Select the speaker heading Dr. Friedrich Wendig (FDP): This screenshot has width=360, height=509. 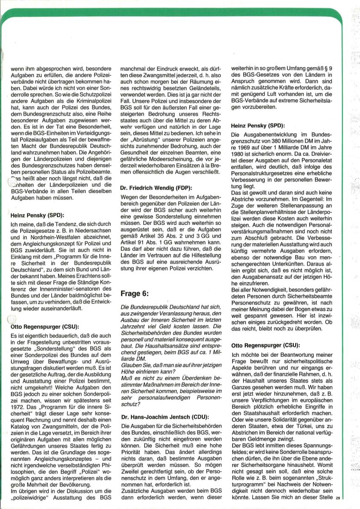coord(155,188)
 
